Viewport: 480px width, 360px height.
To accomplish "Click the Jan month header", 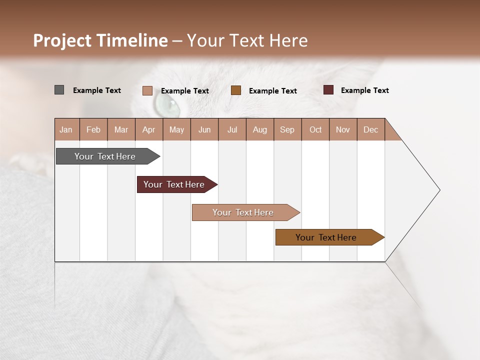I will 66,129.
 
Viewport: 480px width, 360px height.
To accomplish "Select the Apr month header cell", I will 149,129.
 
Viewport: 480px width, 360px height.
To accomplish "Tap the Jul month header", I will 232,129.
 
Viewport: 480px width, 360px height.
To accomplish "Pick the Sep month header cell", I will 287,129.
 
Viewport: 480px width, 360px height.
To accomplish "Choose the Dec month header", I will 370,129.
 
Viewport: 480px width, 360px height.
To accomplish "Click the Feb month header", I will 93,129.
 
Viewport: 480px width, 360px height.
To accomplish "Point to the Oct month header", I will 315,129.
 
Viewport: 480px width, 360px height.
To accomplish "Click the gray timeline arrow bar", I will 105,156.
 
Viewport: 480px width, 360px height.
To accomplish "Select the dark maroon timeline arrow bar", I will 174,184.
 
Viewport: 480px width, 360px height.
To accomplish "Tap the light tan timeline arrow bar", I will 243,212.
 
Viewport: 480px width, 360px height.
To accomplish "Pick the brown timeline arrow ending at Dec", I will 326,237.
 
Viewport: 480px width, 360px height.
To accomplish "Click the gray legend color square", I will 59,90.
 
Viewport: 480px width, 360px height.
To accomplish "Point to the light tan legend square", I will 147,90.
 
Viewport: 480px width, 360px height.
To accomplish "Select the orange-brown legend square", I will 236,90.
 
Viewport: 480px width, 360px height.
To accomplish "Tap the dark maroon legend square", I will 328,90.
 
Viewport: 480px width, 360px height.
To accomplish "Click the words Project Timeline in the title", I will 100,40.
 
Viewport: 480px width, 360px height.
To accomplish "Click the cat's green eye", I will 167,104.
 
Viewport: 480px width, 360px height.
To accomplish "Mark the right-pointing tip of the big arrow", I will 439,190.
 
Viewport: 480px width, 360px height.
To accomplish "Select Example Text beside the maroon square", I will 364,90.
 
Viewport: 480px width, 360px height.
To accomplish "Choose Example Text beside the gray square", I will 97,90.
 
